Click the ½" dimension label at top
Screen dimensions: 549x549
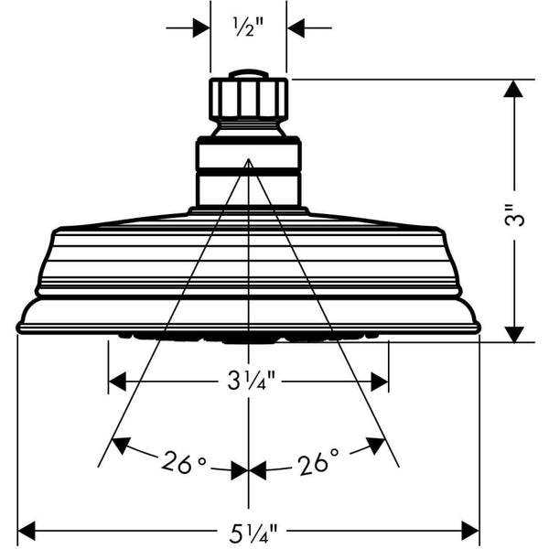[x=248, y=27]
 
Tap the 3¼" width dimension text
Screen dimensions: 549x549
[x=248, y=380]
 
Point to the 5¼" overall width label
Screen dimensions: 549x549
[x=248, y=530]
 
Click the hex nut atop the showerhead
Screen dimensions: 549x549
[x=249, y=97]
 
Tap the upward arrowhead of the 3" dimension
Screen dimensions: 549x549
[x=514, y=89]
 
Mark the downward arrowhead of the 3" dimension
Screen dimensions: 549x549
[x=514, y=334]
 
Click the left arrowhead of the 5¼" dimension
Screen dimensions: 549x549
[x=27, y=530]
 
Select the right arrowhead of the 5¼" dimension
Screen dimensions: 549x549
[x=470, y=530]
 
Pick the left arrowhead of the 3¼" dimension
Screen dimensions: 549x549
[x=117, y=380]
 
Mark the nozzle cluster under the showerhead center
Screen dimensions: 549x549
[x=249, y=338]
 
